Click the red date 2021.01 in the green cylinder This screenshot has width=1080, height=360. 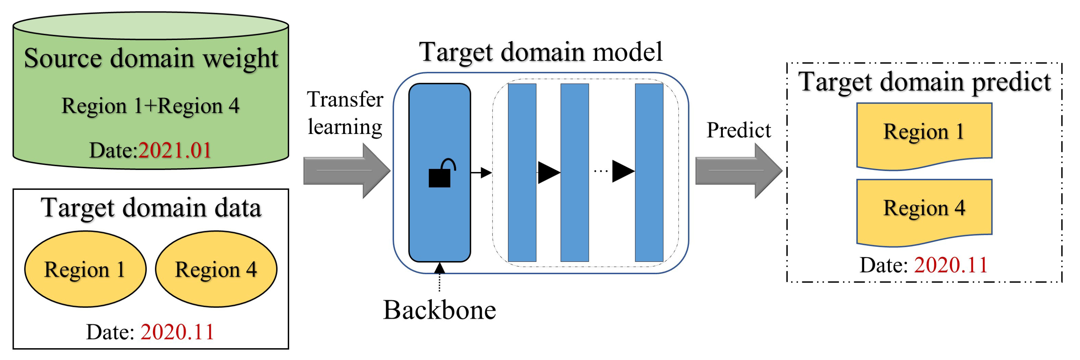point(174,150)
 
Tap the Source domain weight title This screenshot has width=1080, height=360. point(151,58)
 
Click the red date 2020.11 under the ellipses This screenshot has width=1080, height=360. point(177,332)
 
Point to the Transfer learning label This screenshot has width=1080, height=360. point(345,113)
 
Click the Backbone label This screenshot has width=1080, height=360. point(439,310)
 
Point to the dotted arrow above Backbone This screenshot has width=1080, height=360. point(439,277)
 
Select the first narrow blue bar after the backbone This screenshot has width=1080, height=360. point(521,172)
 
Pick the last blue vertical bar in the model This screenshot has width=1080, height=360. point(649,172)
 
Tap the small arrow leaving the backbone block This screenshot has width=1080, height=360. point(481,172)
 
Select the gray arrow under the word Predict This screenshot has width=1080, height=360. point(738,171)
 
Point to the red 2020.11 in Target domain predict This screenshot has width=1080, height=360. point(950,265)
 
